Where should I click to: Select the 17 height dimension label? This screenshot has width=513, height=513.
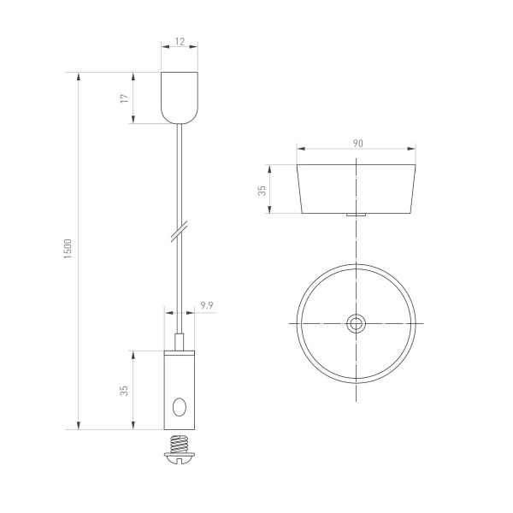[x=125, y=98]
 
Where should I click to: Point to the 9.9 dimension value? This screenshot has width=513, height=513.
[x=206, y=304]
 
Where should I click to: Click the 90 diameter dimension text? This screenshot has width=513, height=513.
[x=357, y=143]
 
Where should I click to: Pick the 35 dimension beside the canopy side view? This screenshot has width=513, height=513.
[x=262, y=190]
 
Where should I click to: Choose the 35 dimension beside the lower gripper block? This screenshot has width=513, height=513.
[x=125, y=390]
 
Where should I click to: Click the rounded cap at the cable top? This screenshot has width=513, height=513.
[x=180, y=97]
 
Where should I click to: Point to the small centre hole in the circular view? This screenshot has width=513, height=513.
[x=357, y=323]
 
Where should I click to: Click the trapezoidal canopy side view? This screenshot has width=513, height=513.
[x=357, y=188]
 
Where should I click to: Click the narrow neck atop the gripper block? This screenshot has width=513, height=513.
[x=180, y=342]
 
